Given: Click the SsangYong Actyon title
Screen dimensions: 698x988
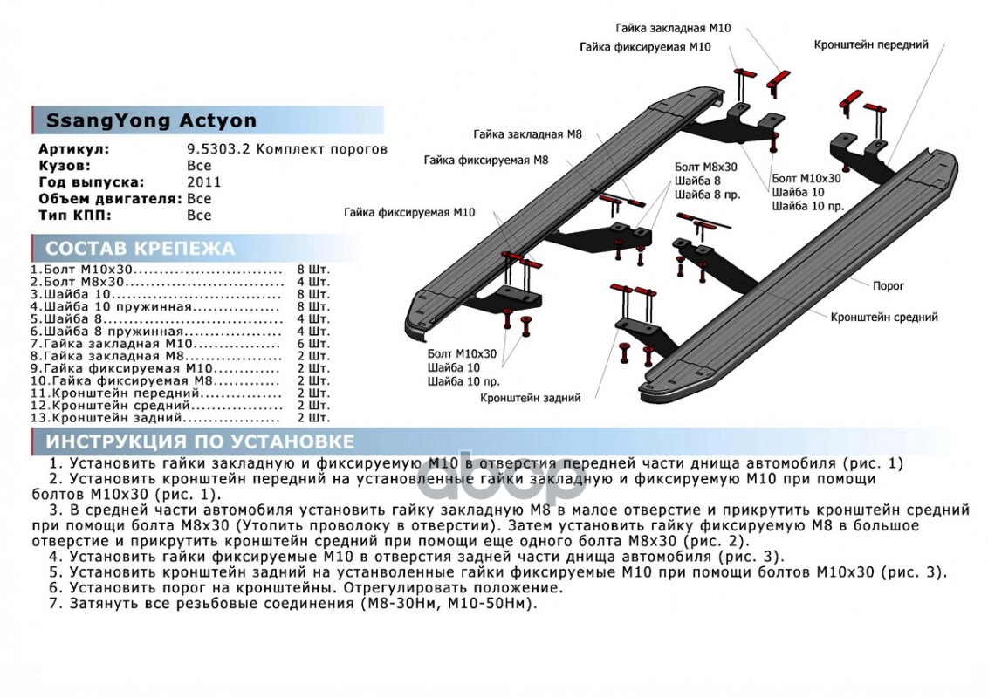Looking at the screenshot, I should pyautogui.click(x=151, y=121).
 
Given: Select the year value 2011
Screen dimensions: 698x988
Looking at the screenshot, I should pyautogui.click(x=204, y=182).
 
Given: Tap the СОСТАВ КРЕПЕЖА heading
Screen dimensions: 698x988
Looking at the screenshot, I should pyautogui.click(x=140, y=249).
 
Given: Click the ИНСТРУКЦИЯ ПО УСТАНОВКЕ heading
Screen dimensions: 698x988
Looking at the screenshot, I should pyautogui.click(x=200, y=441).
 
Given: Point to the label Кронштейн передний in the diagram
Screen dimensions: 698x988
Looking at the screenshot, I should pyautogui.click(x=871, y=44).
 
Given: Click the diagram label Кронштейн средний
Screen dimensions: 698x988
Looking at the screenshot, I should pyautogui.click(x=884, y=318).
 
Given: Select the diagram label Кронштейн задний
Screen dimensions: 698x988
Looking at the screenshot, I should pyautogui.click(x=530, y=398).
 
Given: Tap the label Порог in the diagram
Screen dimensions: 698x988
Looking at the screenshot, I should pyautogui.click(x=889, y=285).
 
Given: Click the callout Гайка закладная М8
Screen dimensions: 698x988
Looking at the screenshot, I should pyautogui.click(x=527, y=134).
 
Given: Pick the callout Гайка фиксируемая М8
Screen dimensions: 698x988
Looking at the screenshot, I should pyautogui.click(x=485, y=161).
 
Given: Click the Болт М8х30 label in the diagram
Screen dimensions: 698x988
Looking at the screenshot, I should pyautogui.click(x=706, y=167).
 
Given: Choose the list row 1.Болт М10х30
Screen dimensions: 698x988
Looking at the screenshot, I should pyautogui.click(x=82, y=270).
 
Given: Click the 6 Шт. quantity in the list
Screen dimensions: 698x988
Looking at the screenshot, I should pyautogui.click(x=313, y=344).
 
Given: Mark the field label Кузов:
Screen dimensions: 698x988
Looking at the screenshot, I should pyautogui.click(x=65, y=166).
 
